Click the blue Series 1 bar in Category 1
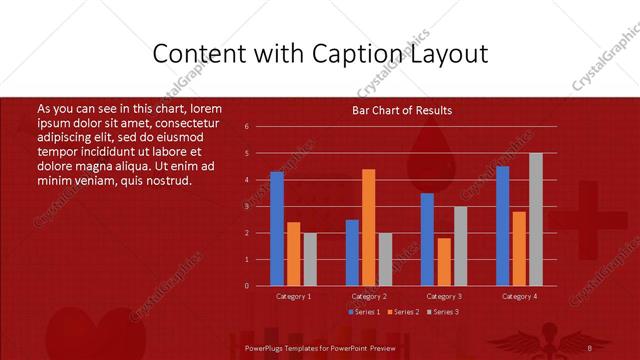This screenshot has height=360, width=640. click(277, 229)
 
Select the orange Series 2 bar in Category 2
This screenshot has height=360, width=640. click(368, 227)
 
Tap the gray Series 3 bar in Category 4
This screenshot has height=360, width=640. click(536, 219)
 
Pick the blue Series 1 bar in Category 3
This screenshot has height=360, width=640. click(427, 239)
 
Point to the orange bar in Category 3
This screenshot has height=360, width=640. click(444, 262)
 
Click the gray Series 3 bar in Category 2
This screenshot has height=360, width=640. click(385, 259)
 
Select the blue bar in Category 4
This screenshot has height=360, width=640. click(502, 226)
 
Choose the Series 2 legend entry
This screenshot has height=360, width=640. click(405, 312)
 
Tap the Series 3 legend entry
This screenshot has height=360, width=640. click(447, 312)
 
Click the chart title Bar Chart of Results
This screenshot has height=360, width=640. click(402, 110)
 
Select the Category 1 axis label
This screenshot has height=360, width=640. click(294, 296)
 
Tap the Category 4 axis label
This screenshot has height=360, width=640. click(519, 296)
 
